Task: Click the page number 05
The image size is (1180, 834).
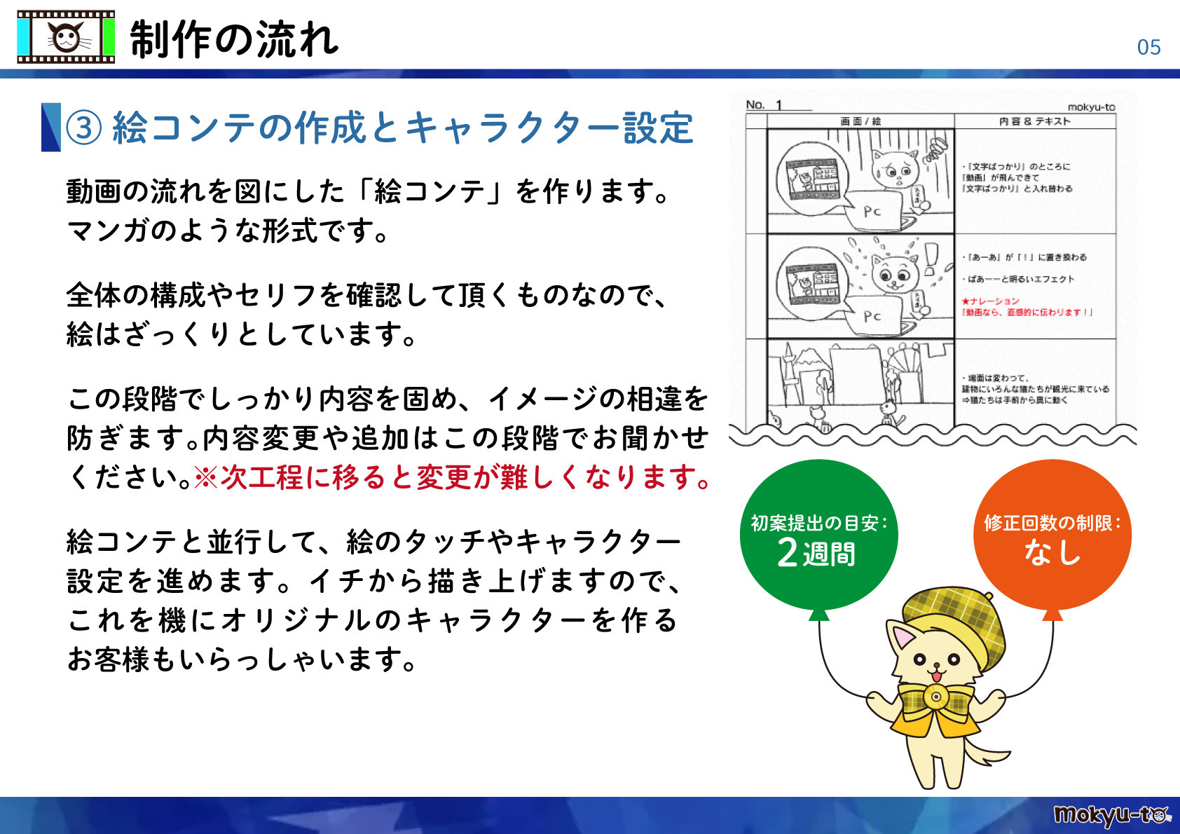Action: pos(1148,48)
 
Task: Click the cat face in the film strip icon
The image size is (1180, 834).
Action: pos(66,37)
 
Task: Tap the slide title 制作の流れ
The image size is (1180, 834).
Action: pos(234,39)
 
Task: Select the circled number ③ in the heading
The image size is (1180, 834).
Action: pos(84,128)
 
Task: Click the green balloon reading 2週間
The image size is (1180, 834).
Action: pos(818,536)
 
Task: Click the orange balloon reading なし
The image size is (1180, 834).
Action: pos(1052,536)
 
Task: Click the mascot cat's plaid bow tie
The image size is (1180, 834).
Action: pos(935,698)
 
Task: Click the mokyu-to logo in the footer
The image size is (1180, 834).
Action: pos(1111,815)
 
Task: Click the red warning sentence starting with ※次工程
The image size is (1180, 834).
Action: pos(452,478)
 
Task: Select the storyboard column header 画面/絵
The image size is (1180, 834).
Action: pos(860,121)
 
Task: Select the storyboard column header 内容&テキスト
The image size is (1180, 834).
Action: pos(1034,121)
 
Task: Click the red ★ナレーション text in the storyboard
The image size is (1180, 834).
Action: pos(990,301)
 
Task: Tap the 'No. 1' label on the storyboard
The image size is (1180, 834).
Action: pos(764,105)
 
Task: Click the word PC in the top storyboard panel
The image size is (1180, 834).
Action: pos(872,211)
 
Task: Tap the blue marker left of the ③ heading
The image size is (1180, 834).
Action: pos(50,127)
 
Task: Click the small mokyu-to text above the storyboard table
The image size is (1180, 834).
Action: pos(1090,107)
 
